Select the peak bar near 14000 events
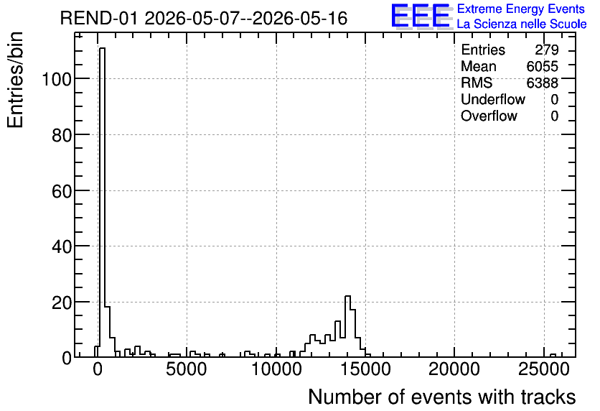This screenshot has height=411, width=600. click(x=347, y=326)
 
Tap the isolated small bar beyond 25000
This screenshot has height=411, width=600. click(x=553, y=356)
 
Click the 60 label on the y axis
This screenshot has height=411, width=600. click(x=62, y=191)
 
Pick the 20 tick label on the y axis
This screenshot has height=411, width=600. click(x=62, y=303)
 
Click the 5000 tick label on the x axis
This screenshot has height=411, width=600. click(x=187, y=369)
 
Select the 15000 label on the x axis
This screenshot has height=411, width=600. click(x=365, y=369)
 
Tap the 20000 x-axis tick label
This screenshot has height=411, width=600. click(x=454, y=369)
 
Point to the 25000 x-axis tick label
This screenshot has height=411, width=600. click(x=544, y=369)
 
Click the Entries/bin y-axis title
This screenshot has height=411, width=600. click(x=15, y=80)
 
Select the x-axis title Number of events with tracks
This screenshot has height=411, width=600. click(x=442, y=397)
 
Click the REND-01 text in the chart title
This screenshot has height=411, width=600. click(x=99, y=19)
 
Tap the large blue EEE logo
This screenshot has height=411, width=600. click(x=421, y=16)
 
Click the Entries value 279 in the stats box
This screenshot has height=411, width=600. click(x=546, y=50)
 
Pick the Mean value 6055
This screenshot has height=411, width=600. click(x=542, y=66)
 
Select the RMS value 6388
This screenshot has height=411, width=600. click(x=542, y=83)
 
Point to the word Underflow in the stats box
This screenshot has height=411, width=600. click(x=493, y=99)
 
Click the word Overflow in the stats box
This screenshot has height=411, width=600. click(x=489, y=116)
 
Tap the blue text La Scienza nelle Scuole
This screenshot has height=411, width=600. click(x=522, y=24)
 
